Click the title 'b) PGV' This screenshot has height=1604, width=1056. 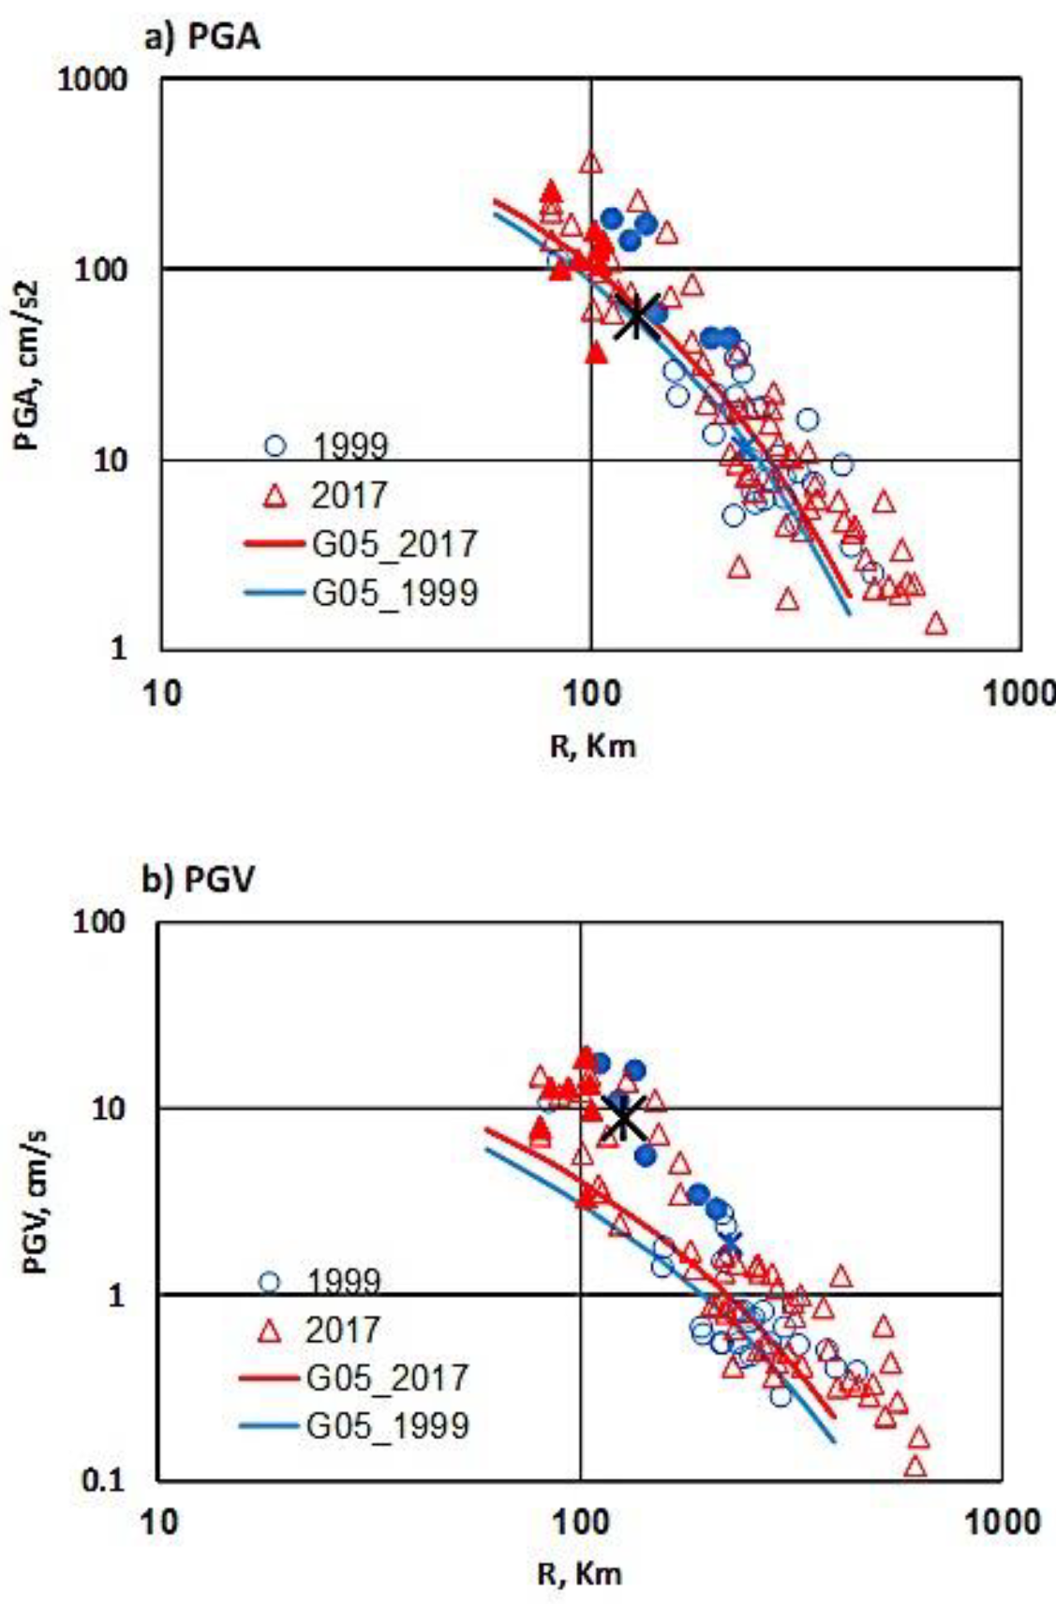pyautogui.click(x=198, y=880)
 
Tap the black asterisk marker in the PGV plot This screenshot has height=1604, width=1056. pyautogui.click(x=624, y=1116)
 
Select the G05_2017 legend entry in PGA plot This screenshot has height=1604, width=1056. pyautogui.click(x=394, y=544)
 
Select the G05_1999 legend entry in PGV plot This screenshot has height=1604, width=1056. pyautogui.click(x=386, y=1425)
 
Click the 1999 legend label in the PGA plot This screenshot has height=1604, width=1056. pyautogui.click(x=350, y=447)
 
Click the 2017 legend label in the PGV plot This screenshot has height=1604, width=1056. pyautogui.click(x=342, y=1330)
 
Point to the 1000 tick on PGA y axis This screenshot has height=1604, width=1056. pyautogui.click(x=92, y=79)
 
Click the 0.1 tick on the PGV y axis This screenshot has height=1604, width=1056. pyautogui.click(x=104, y=1480)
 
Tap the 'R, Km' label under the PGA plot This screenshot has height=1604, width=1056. pyautogui.click(x=592, y=746)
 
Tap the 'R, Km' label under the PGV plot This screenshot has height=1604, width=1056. pyautogui.click(x=579, y=1573)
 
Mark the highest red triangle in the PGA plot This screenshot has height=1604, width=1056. pyautogui.click(x=590, y=161)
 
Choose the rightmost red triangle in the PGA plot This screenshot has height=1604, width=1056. pyautogui.click(x=935, y=624)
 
